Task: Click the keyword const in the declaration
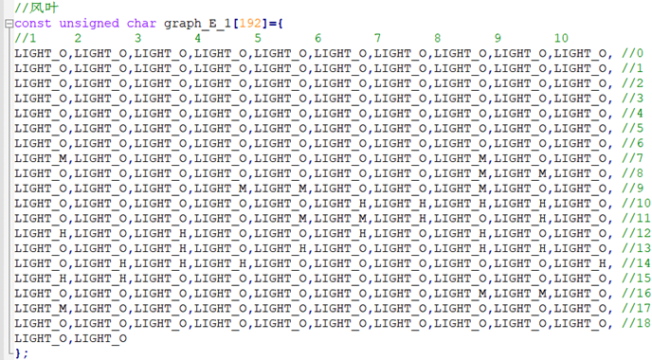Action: coord(33,24)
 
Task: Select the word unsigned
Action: coord(89,24)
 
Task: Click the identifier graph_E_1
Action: coord(197,24)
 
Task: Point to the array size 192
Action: coord(250,24)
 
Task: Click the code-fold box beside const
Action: coord(9,24)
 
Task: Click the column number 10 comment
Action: coord(561,38)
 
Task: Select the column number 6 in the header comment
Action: coord(318,38)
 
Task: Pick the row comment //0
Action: coord(632,53)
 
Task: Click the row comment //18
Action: coord(636,323)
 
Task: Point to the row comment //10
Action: coord(636,204)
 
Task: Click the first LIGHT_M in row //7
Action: coord(41,158)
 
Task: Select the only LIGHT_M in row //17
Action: coord(41,309)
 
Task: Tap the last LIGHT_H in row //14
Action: coord(580,263)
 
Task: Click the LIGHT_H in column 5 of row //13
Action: coord(281,248)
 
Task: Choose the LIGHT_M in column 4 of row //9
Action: coord(221,189)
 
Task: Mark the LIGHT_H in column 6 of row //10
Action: coord(340,204)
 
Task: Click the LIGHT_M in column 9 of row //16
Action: coord(520,294)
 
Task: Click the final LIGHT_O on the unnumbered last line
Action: coord(100,338)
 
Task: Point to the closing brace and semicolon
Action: coord(22,353)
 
